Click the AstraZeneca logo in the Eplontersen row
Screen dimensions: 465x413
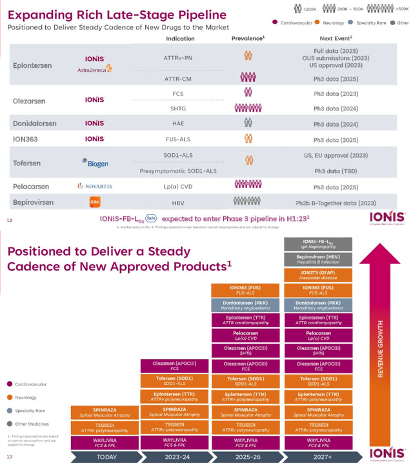click(94, 68)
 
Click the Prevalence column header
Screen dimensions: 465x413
click(248, 39)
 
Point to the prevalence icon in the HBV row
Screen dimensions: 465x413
click(248, 201)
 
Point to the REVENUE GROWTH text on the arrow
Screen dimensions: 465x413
click(380, 349)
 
